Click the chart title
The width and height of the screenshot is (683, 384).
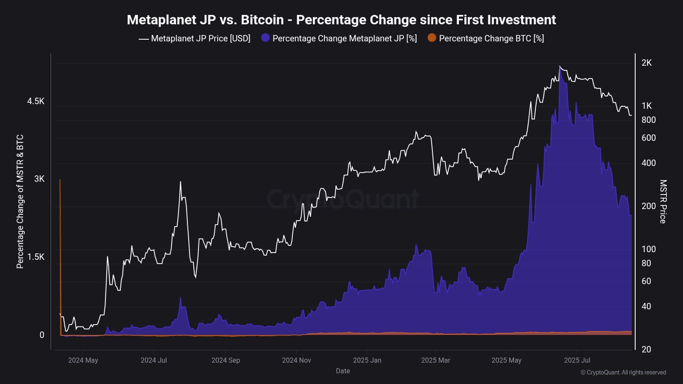[x=341, y=20]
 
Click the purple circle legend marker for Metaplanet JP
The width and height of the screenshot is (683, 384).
[x=266, y=38]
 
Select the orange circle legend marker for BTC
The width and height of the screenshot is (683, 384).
[x=432, y=38]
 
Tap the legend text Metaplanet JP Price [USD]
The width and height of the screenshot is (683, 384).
[x=200, y=38]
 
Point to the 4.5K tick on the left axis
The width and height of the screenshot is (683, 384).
[x=36, y=101]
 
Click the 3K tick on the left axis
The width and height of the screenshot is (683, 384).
[x=39, y=179]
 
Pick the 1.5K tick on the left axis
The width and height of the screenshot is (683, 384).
[x=36, y=257]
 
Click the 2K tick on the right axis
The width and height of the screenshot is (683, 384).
[x=646, y=63]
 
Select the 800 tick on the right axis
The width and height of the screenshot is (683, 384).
[x=648, y=120]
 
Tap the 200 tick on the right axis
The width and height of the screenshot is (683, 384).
[x=648, y=206]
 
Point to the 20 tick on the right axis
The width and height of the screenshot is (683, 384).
[x=646, y=349]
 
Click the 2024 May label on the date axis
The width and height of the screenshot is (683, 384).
[x=83, y=360]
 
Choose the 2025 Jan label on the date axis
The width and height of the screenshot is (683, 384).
[x=367, y=360]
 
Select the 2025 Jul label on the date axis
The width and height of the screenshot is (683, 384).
[x=577, y=360]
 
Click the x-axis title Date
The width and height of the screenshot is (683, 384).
[x=343, y=371]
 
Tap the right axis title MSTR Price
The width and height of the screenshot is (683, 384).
[x=663, y=201]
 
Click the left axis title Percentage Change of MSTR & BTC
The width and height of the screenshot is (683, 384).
[x=20, y=201]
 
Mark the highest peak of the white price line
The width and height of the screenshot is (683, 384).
[x=560, y=67]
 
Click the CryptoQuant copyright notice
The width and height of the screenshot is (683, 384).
[x=623, y=372]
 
